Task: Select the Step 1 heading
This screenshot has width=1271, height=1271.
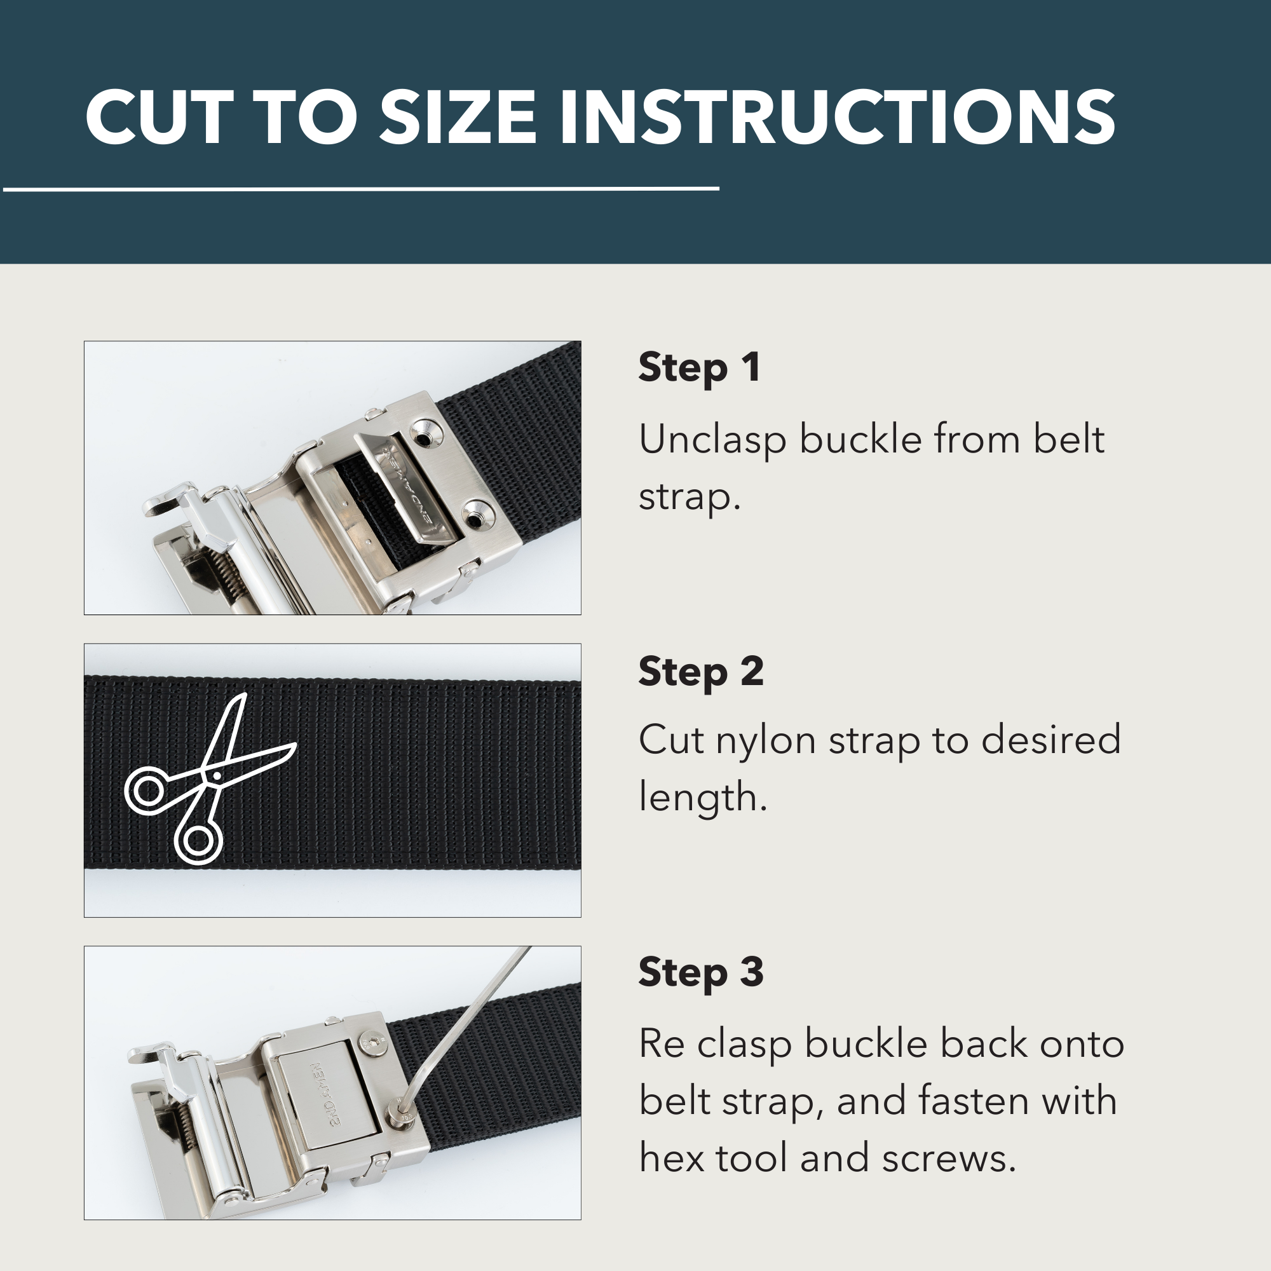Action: click(699, 368)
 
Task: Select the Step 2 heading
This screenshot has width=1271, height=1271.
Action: click(700, 672)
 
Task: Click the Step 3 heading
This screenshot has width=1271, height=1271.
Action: click(700, 973)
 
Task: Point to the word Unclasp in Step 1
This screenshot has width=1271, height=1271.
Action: click(712, 441)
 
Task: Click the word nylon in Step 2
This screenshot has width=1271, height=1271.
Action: click(766, 741)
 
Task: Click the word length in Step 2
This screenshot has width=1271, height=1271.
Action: click(703, 798)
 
